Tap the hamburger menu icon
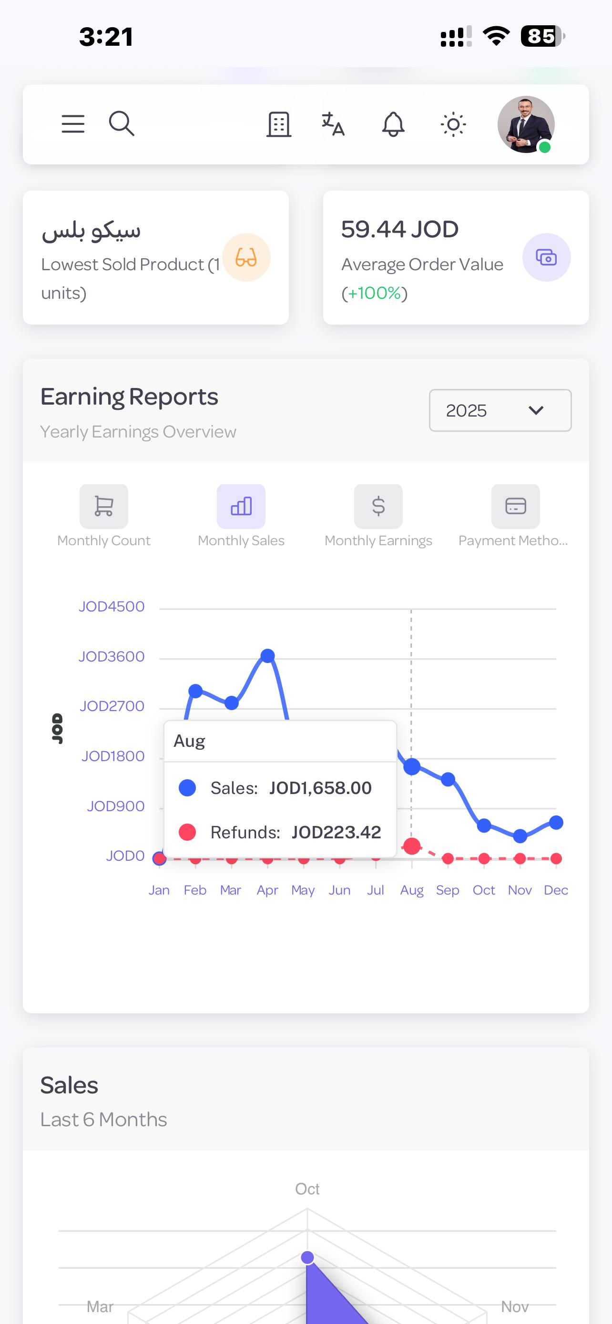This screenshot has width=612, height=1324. tap(73, 124)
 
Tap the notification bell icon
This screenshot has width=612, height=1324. tap(393, 124)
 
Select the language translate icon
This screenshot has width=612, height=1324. tap(333, 124)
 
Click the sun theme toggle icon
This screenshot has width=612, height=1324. tap(453, 124)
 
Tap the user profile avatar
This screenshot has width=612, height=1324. tap(526, 124)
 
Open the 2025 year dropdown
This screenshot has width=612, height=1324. tap(500, 410)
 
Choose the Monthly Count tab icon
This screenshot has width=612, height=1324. tap(104, 506)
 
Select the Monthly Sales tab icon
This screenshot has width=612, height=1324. tap(241, 506)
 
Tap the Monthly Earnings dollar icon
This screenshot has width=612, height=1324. tap(378, 506)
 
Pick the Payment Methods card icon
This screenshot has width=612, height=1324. tap(515, 506)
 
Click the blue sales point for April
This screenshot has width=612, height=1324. tap(268, 655)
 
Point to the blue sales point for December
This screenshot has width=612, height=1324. tap(556, 822)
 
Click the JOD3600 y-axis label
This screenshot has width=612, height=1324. tap(112, 656)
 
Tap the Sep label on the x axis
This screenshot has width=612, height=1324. tap(448, 890)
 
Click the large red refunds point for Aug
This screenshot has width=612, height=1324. tap(412, 845)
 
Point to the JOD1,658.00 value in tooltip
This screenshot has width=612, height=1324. tap(320, 788)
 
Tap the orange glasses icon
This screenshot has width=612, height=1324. tap(246, 257)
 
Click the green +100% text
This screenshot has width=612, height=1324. tap(374, 293)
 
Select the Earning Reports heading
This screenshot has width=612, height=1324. tap(129, 397)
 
